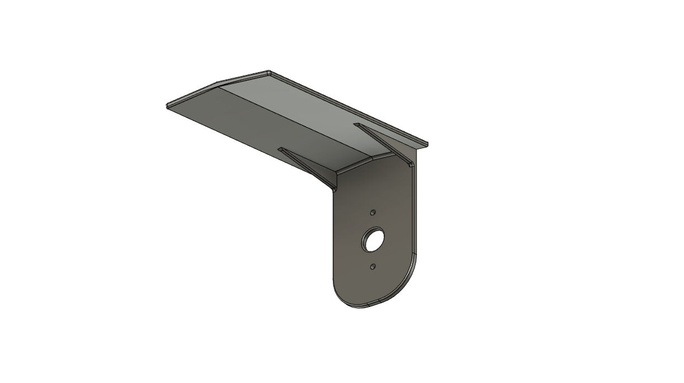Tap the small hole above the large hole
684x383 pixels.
click(372, 213)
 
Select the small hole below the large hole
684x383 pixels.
click(372, 267)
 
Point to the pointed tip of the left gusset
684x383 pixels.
click(279, 149)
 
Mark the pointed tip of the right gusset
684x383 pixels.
click(355, 124)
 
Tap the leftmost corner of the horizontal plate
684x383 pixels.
click(167, 106)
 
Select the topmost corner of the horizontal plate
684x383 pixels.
click(269, 72)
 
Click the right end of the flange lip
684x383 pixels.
click(427, 144)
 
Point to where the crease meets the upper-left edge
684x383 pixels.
click(217, 85)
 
